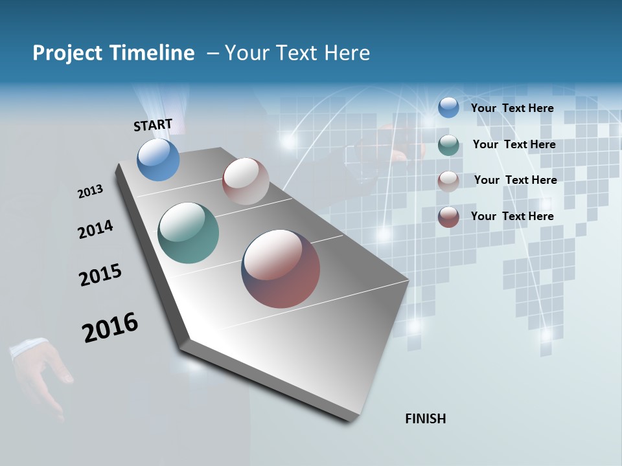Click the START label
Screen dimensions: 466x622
click(153, 125)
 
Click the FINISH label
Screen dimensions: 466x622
click(425, 419)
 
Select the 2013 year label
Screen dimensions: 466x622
click(90, 192)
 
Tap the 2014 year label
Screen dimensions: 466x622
click(95, 229)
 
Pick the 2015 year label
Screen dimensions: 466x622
click(100, 275)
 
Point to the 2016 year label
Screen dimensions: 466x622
click(110, 327)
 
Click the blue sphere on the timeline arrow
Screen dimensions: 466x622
click(158, 160)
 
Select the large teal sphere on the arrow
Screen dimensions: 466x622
click(188, 233)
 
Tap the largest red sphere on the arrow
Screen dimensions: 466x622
click(281, 269)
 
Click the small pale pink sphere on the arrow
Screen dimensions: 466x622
click(246, 181)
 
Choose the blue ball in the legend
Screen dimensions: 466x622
click(448, 107)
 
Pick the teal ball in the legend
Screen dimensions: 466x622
click(448, 145)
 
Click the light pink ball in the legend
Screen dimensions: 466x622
click(448, 181)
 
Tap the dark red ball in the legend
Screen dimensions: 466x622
click(448, 217)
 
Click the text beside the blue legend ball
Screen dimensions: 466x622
click(512, 108)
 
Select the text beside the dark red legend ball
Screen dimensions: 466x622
click(512, 216)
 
